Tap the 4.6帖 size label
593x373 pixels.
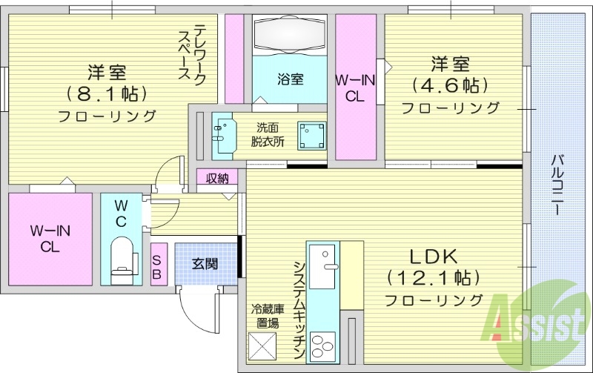pos(450,83)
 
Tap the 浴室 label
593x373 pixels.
pos(291,79)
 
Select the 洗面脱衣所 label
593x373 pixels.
pos(266,133)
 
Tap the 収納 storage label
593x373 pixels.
pos(217,178)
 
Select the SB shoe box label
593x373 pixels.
pos(157,266)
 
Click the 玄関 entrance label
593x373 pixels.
pos(205,263)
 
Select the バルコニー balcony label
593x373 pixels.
pos(557,185)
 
